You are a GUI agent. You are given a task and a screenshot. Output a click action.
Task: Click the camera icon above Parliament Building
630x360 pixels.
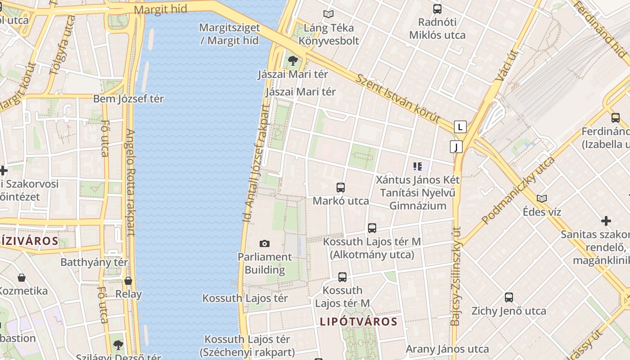point(265,243)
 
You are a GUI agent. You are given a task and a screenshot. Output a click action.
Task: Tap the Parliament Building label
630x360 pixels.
point(265,263)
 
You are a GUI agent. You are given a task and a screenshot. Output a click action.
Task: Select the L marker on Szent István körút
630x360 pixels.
point(460,127)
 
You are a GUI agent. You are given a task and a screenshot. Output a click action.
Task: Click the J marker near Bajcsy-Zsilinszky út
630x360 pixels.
point(456,147)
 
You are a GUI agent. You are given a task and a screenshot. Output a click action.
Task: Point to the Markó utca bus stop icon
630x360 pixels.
point(341,188)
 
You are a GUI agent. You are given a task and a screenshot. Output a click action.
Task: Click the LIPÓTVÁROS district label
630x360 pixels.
point(359,321)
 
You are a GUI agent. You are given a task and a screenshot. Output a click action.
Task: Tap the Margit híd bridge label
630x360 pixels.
point(161,9)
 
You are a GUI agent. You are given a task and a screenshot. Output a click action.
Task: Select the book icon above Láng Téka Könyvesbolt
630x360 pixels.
point(329,14)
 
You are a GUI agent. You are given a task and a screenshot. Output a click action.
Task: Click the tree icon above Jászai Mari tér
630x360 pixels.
point(293,60)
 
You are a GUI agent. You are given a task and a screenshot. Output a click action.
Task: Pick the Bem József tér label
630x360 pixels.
point(129,99)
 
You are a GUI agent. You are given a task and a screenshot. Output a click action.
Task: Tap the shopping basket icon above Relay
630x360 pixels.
point(128,281)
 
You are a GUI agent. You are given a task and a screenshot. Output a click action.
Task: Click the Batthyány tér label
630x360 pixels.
point(94,262)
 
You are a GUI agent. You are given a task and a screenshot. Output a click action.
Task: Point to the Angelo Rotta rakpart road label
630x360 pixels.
point(130,182)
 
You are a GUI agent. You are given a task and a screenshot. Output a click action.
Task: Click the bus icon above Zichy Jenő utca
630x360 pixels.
point(509,297)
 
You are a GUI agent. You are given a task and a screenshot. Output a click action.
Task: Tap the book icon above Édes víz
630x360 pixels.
point(542,198)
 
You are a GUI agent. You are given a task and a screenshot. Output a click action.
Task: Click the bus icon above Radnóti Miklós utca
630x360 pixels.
point(437,9)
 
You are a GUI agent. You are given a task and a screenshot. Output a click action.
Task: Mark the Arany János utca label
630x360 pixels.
point(447,349)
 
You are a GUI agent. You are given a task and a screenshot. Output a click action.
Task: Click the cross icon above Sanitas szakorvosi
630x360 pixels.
point(606,221)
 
